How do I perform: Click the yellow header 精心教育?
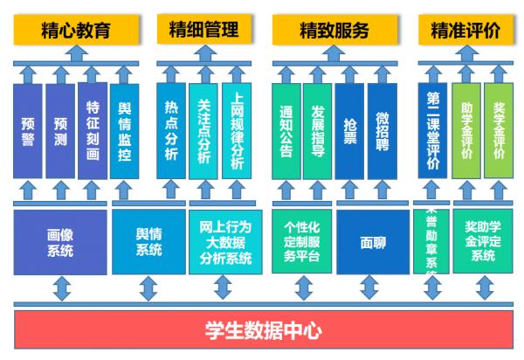tap(76, 31)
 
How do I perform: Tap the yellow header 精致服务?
tap(334, 31)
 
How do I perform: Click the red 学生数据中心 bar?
tap(263, 332)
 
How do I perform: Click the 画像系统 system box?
tap(60, 242)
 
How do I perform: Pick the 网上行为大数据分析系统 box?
tap(224, 242)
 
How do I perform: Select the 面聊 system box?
tap(373, 242)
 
